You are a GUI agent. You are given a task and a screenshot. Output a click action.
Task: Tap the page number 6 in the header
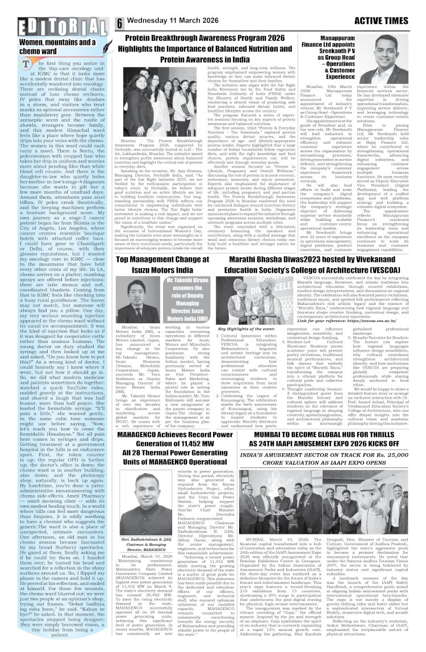click(x=120, y=23)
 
